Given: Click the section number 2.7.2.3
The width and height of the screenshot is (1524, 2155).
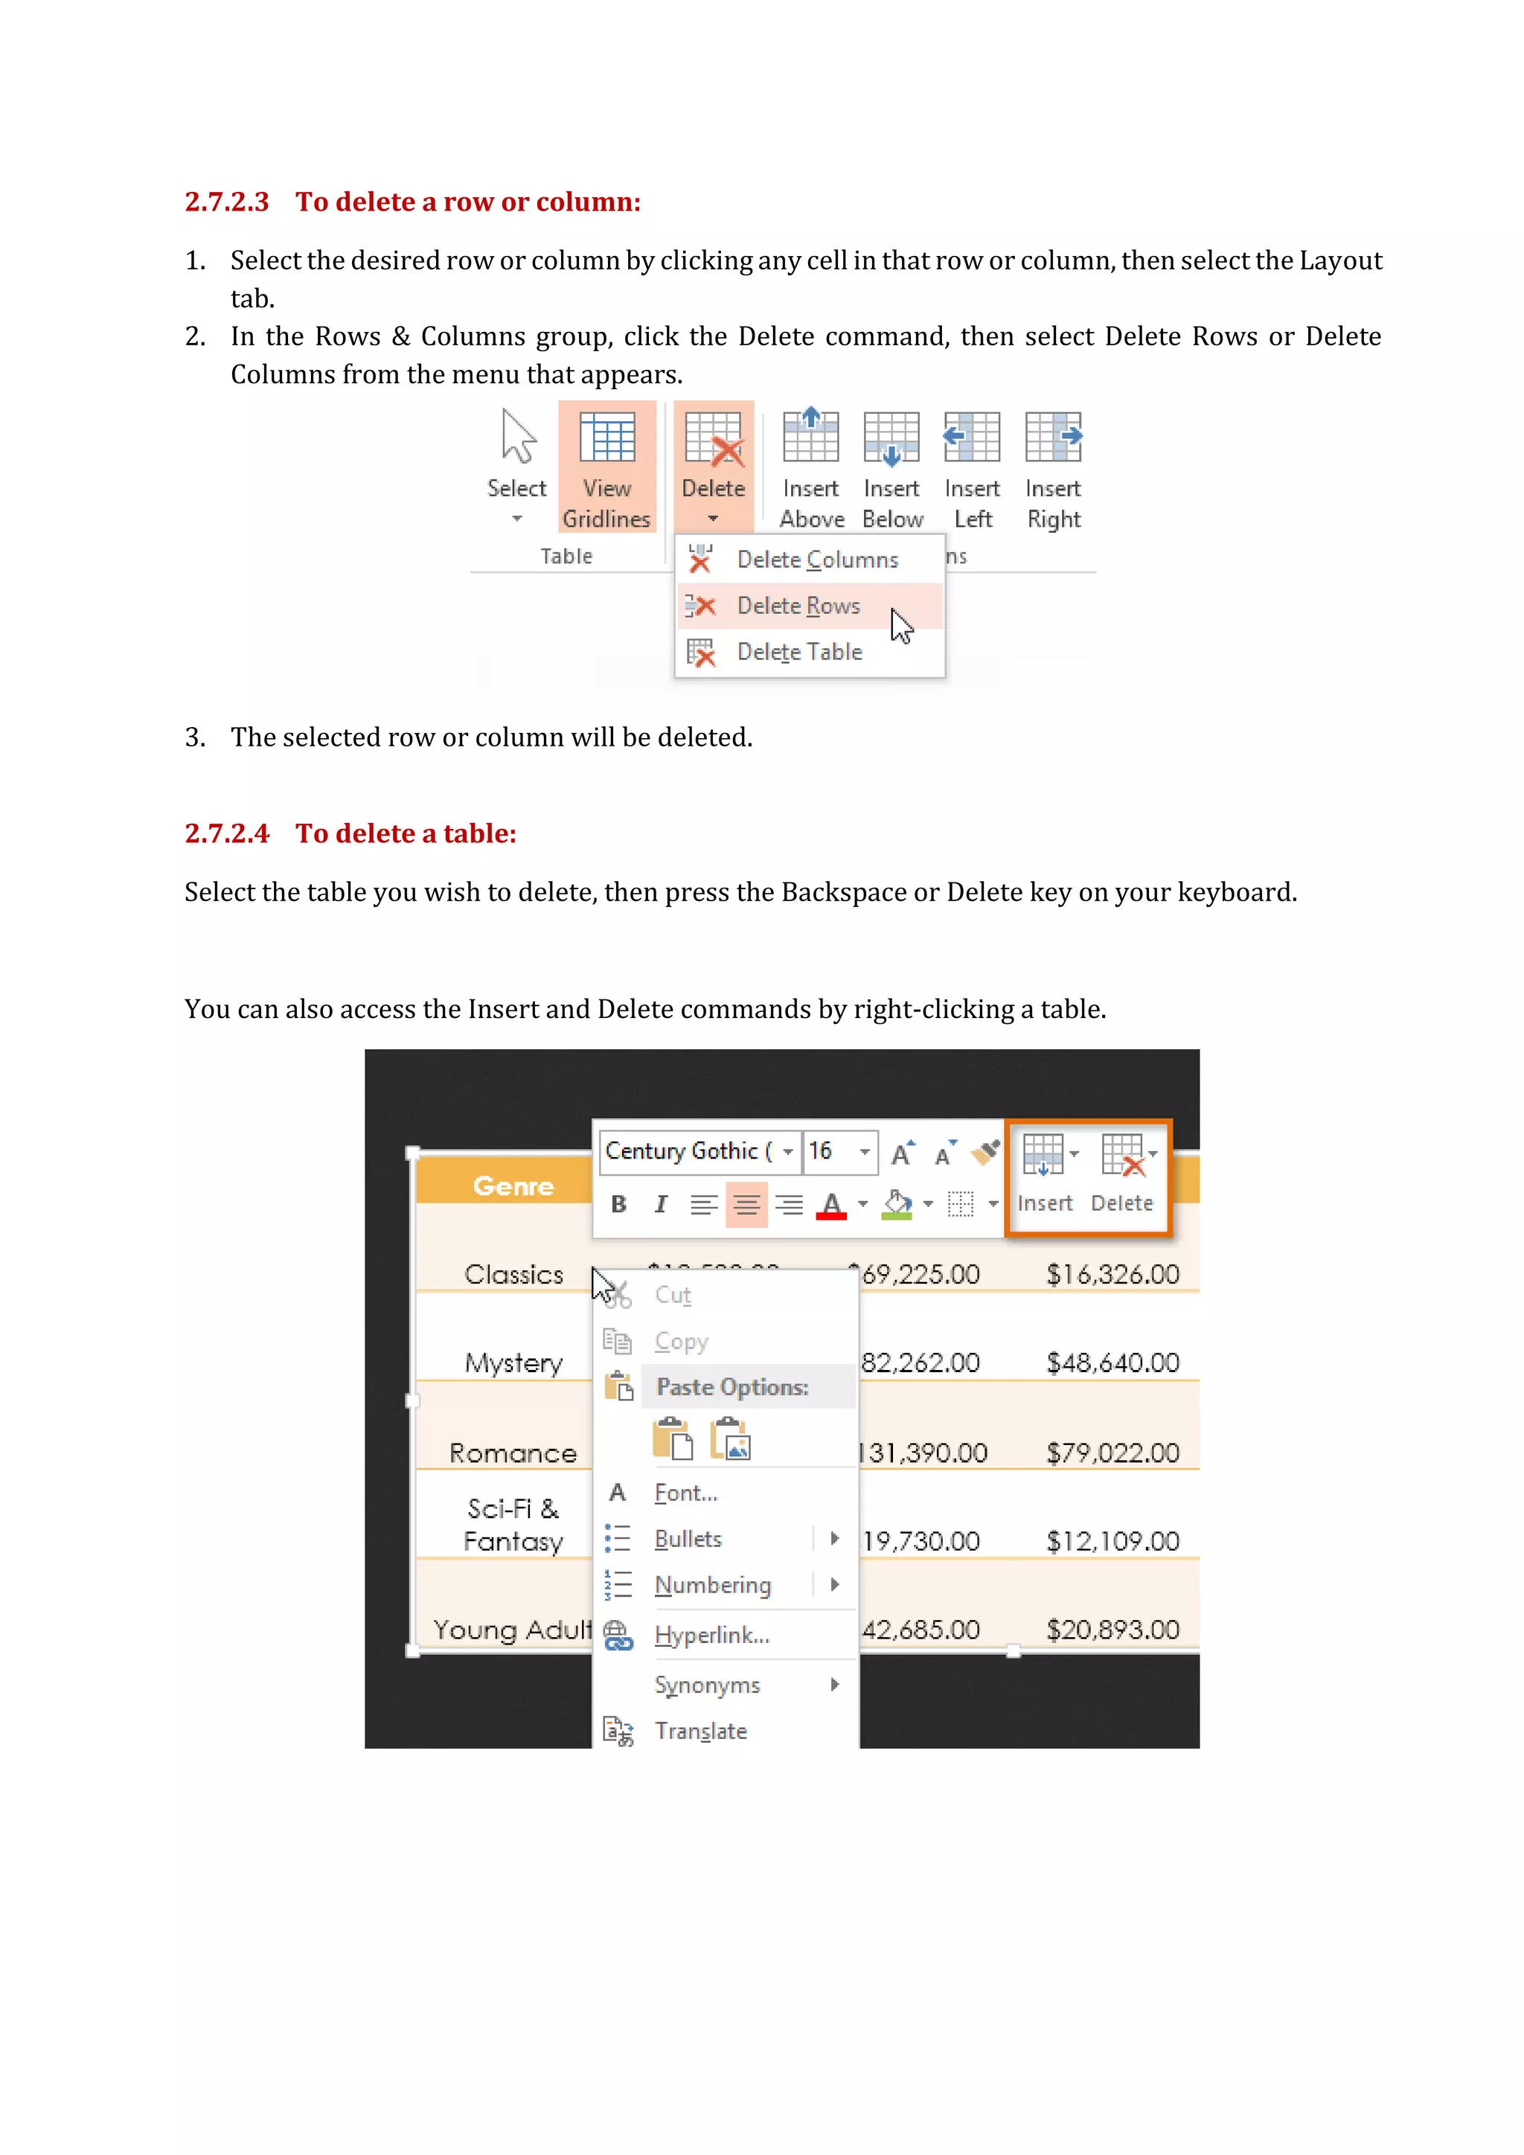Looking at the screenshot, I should [x=226, y=202].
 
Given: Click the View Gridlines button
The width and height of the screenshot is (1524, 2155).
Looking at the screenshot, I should [x=606, y=467].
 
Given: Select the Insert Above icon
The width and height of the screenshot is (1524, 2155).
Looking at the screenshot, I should [x=811, y=467].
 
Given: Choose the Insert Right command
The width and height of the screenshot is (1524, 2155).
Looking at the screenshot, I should [x=1053, y=467].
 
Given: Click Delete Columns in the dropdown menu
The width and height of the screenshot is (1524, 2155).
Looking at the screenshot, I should [x=816, y=560].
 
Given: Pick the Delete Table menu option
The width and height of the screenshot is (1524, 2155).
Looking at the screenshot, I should [x=798, y=653].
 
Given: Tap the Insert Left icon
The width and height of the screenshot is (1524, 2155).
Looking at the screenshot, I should [x=972, y=467].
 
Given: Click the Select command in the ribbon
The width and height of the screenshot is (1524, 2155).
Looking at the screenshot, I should [x=516, y=467].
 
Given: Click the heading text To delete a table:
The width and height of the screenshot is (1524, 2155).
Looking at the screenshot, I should [x=406, y=833].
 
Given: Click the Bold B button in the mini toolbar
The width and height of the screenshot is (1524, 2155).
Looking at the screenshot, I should [x=618, y=1204].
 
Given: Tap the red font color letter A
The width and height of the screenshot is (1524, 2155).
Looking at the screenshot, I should [x=831, y=1204].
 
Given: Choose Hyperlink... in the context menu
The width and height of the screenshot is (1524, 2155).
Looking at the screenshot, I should [x=711, y=1636].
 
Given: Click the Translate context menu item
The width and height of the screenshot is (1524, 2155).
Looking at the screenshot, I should [x=700, y=1732].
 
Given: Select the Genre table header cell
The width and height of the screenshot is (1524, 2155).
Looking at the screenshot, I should [x=513, y=1186].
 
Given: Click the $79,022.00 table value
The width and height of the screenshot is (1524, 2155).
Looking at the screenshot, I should [x=1112, y=1453].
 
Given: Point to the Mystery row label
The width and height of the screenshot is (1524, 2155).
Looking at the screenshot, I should [x=513, y=1363].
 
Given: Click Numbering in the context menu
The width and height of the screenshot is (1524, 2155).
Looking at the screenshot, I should [x=712, y=1585].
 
